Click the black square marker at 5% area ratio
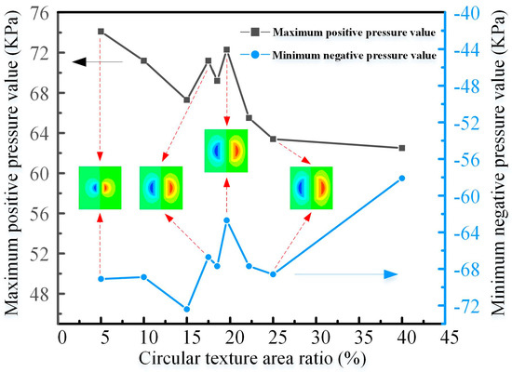pos(101,32)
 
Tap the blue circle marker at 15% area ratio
pos(187,309)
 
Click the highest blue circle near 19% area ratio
pos(226,220)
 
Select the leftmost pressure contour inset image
pos(100,187)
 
